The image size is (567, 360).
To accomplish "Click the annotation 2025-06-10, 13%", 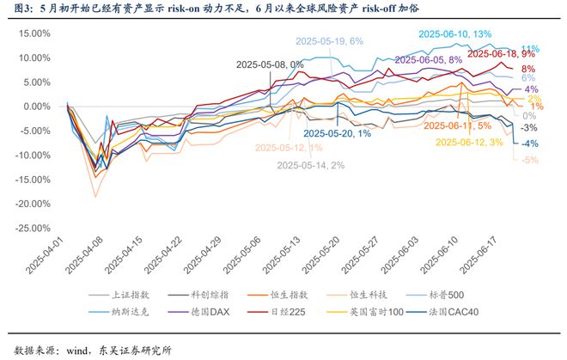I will tap(454, 34).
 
